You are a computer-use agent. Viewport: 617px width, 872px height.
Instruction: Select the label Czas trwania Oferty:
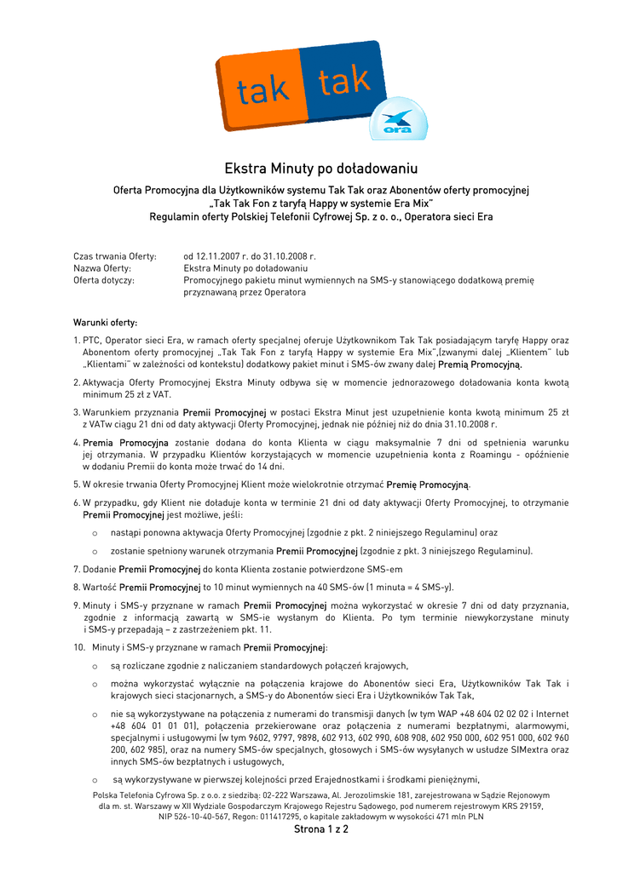(x=115, y=255)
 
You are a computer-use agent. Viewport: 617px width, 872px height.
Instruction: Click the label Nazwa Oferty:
(x=102, y=267)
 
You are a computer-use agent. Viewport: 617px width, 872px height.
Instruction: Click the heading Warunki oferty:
(x=106, y=323)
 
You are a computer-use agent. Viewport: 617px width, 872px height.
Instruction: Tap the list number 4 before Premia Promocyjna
(x=76, y=443)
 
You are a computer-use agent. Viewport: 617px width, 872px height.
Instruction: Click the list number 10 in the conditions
(x=78, y=647)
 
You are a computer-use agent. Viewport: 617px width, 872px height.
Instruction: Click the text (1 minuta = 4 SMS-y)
(x=410, y=587)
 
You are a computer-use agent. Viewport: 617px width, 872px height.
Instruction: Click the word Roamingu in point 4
(x=487, y=455)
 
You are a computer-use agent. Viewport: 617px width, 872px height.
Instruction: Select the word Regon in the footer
(x=256, y=816)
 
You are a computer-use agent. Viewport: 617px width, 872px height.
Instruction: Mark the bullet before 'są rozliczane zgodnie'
(x=94, y=666)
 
